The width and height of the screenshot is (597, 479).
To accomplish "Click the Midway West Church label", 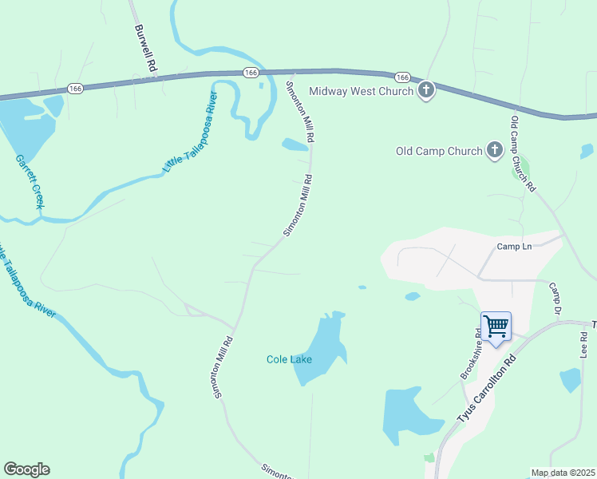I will click(361, 91).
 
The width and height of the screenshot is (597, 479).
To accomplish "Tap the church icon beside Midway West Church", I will click(426, 90).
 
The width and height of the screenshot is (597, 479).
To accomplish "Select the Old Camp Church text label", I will click(439, 151).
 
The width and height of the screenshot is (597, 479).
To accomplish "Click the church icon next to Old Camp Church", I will click(495, 150).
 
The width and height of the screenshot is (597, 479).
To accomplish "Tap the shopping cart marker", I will click(496, 327).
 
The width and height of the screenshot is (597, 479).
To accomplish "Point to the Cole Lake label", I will click(289, 359).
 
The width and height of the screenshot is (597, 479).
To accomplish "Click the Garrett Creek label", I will click(28, 181).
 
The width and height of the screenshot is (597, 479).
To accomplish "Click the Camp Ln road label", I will click(514, 247).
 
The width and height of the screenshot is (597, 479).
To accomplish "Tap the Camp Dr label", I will click(556, 298).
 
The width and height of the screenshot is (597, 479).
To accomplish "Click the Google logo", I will click(26, 469).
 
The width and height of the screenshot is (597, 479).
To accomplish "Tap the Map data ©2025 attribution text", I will click(563, 473).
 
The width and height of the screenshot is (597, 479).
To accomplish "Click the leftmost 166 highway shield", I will click(75, 88).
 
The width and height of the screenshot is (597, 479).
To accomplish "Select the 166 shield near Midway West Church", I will click(402, 77).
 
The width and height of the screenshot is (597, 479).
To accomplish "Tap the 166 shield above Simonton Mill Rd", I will click(251, 72).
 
